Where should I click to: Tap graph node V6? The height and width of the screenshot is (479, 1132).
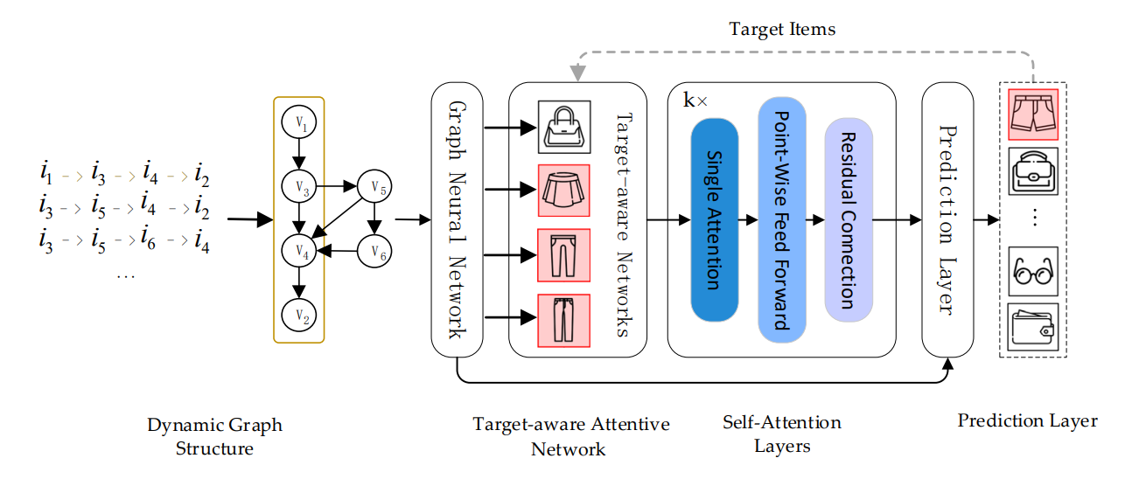click(376, 252)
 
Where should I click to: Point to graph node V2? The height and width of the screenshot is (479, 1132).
click(299, 314)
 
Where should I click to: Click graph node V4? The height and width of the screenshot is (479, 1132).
click(299, 252)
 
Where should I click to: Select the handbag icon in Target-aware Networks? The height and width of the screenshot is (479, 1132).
click(564, 127)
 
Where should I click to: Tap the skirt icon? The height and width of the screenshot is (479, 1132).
click(564, 191)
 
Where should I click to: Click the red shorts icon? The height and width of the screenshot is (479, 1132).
click(1033, 113)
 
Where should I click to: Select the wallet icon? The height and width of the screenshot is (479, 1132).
click(1033, 327)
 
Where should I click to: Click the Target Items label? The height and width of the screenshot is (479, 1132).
click(782, 29)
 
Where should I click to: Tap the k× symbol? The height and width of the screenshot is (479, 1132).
click(695, 101)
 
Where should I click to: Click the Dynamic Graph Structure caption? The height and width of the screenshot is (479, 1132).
click(214, 437)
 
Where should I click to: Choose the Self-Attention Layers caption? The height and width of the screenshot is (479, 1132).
click(781, 434)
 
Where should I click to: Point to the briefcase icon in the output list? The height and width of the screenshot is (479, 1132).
click(1033, 172)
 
